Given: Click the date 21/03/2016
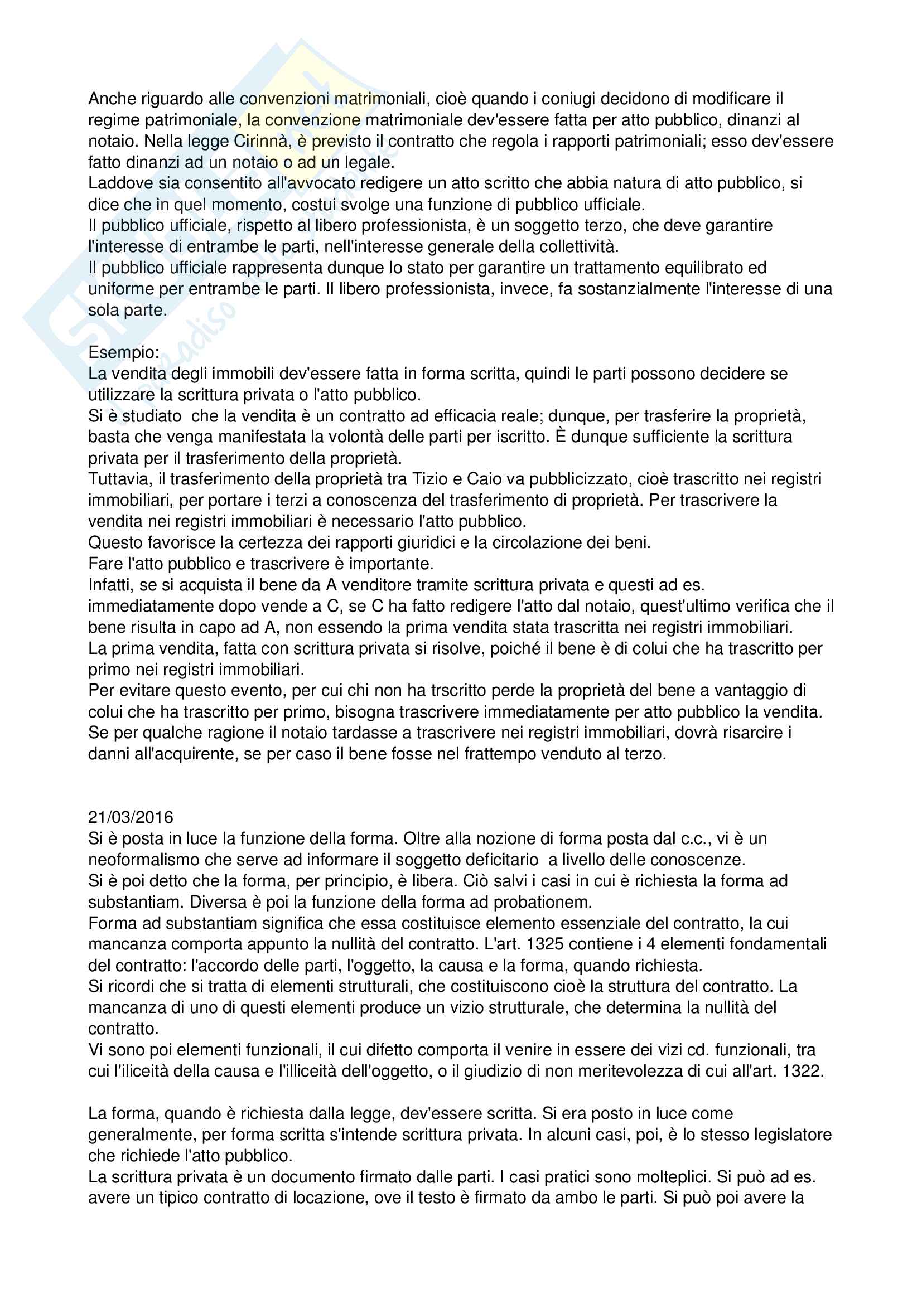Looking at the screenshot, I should point(131,817).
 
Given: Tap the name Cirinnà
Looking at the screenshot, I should point(262,142).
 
